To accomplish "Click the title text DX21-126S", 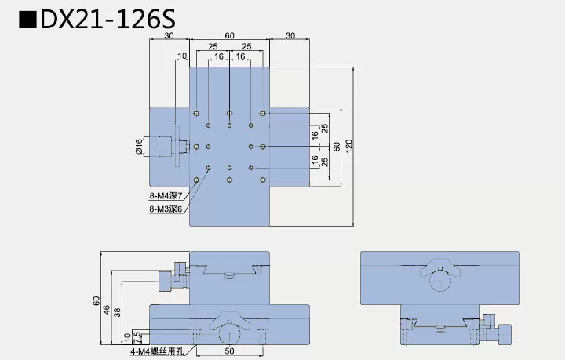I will [102, 21].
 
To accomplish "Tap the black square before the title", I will [28, 21].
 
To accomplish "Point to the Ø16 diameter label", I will [139, 147].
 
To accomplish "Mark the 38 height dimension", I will [117, 312].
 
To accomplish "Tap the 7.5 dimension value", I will [137, 335].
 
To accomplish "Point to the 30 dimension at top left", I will [169, 36].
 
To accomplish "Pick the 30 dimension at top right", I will [290, 36].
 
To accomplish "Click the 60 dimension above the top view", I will [229, 36].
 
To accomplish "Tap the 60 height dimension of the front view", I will [96, 300].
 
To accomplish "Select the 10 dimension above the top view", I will [182, 56].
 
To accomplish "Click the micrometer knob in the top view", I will [166, 147].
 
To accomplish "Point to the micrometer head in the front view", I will [168, 281].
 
